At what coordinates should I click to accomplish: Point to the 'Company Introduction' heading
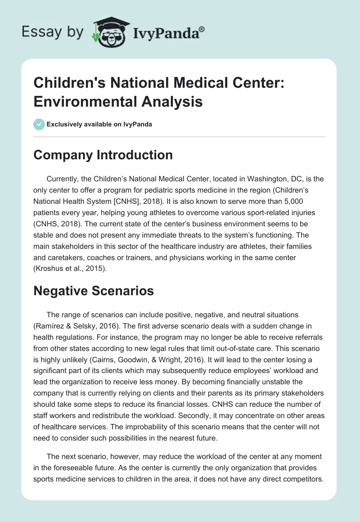click(103, 155)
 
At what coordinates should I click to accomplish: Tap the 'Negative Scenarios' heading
click(94, 291)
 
